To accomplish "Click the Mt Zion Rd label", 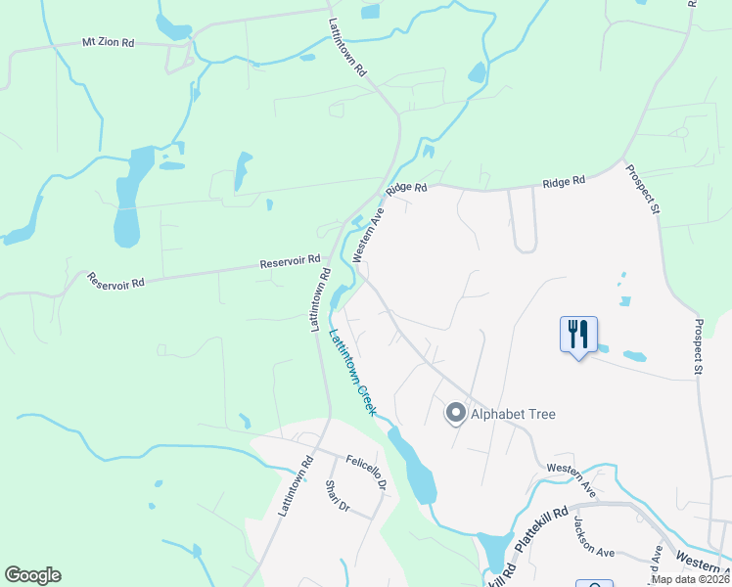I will coord(107,44).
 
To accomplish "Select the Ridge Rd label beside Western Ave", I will coord(407,188).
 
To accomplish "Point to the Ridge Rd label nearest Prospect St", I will coord(565,181).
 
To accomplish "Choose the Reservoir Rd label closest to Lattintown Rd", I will coord(291,262).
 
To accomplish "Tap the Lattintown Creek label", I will coord(352,373).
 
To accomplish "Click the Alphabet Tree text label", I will coord(513,414).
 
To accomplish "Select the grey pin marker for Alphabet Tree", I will coord(455,414).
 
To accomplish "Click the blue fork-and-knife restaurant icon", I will coord(578,335).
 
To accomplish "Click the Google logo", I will coord(32,575).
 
